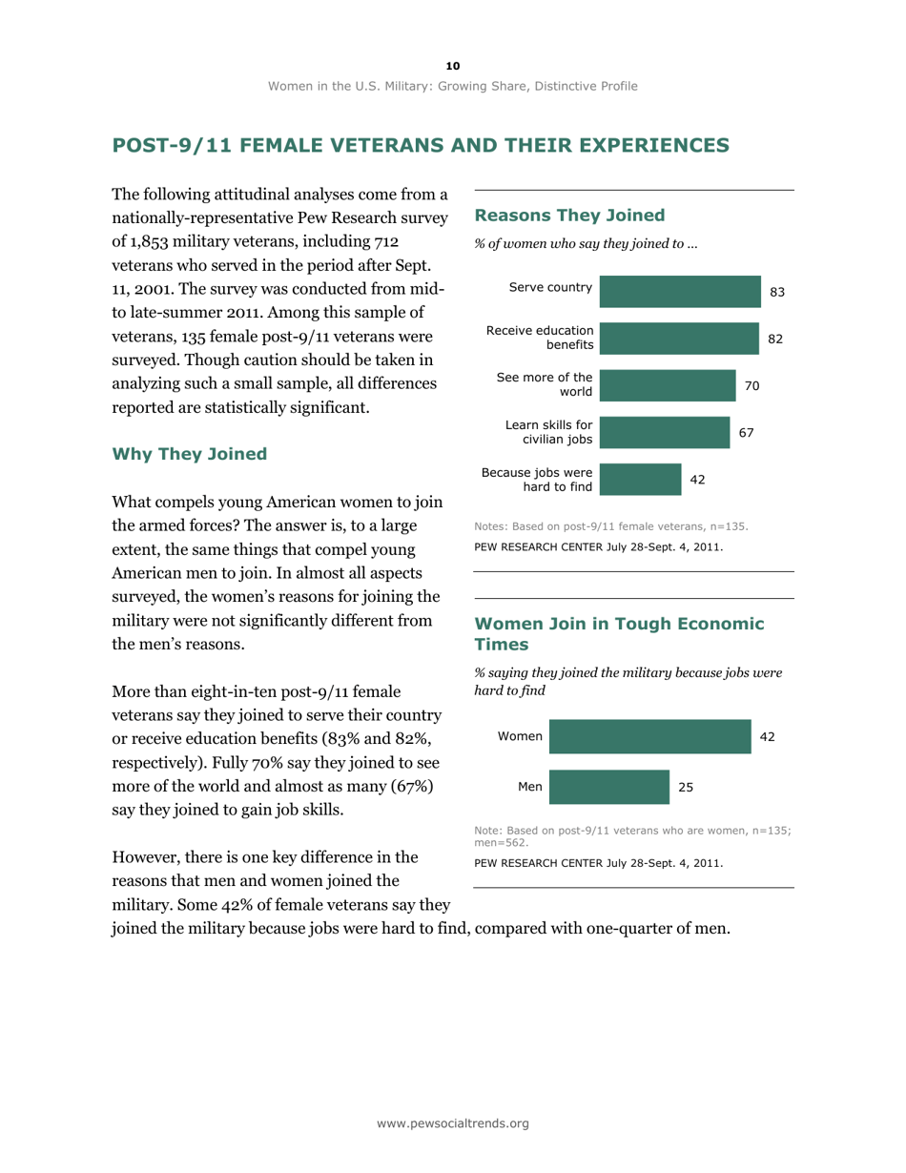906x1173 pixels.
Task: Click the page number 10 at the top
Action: tap(453, 65)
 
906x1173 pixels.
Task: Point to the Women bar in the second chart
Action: tap(650, 737)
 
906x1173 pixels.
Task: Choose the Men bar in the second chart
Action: tap(609, 788)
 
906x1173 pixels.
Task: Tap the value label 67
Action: tap(747, 433)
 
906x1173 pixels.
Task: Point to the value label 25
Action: tap(687, 789)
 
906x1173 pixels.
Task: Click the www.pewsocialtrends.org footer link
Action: tap(453, 1124)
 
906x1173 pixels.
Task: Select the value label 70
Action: tap(752, 386)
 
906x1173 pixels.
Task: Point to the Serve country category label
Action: tap(550, 287)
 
